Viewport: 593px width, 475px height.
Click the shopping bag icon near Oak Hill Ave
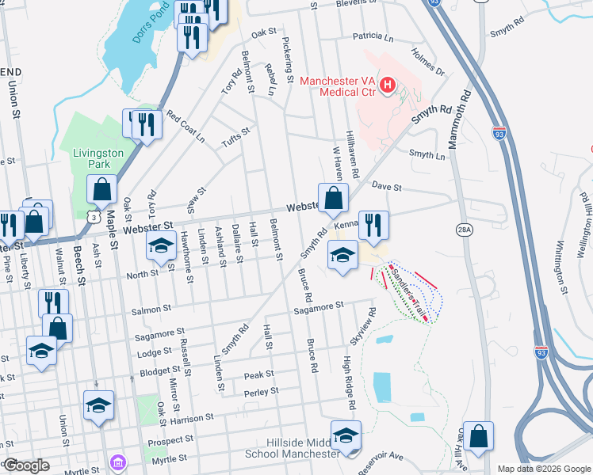point(479,436)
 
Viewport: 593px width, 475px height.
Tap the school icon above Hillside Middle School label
point(346,436)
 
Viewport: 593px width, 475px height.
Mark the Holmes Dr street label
point(428,63)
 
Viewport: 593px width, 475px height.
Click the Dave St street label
point(388,188)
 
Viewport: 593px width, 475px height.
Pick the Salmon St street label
point(155,309)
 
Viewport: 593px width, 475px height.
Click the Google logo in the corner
point(26,465)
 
